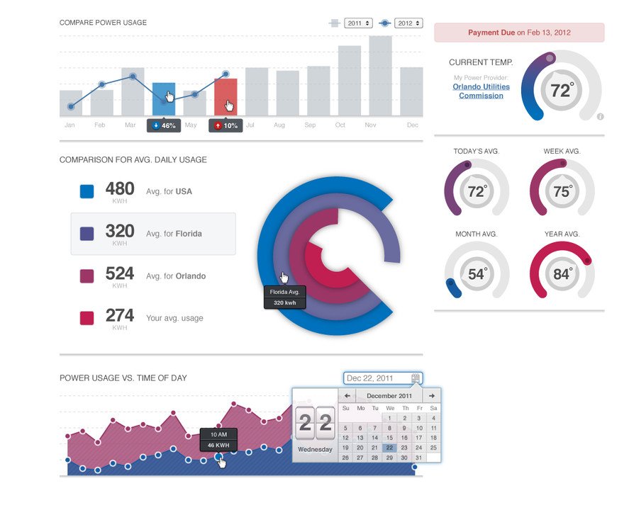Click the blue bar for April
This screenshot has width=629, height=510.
coord(164,99)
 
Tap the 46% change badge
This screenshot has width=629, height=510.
coord(163,125)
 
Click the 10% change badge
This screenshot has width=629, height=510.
coord(226,125)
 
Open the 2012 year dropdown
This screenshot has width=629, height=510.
coord(408,23)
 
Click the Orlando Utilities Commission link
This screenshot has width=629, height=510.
coord(481,91)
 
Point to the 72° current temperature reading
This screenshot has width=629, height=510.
coord(561,91)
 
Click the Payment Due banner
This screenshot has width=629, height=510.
coord(519,33)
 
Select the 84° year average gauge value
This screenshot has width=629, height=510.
coord(562,274)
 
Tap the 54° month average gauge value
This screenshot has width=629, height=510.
coord(477,274)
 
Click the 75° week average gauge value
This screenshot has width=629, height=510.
coord(562,192)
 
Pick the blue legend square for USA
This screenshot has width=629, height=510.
coord(87,191)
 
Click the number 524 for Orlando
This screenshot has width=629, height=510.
coord(120,273)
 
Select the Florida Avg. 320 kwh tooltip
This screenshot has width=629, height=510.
coord(285,297)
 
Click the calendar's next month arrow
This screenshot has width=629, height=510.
coord(432,395)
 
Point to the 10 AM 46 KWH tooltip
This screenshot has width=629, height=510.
coord(218,440)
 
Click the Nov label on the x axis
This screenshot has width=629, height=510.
coord(370,125)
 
